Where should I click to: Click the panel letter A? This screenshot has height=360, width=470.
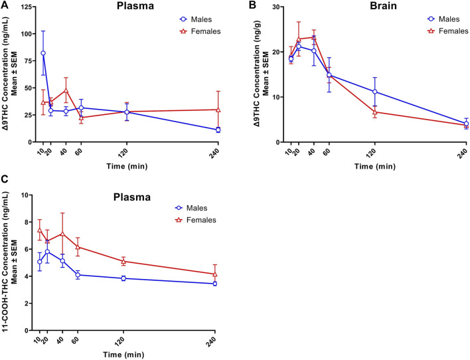coord(5,5)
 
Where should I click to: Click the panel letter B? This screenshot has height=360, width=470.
coord(252,5)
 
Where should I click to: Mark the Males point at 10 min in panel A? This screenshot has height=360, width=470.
coord(44,53)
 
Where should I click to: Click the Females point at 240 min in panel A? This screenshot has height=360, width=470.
coord(218,110)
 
